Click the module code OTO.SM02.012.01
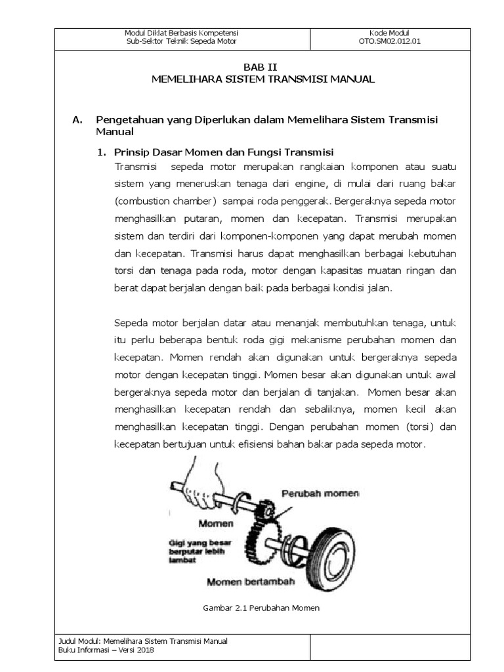389,41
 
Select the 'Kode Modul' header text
389,33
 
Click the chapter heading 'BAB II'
253,68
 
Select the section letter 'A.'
77,119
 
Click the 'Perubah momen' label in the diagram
320,493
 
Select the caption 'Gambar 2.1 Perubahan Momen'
262,608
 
